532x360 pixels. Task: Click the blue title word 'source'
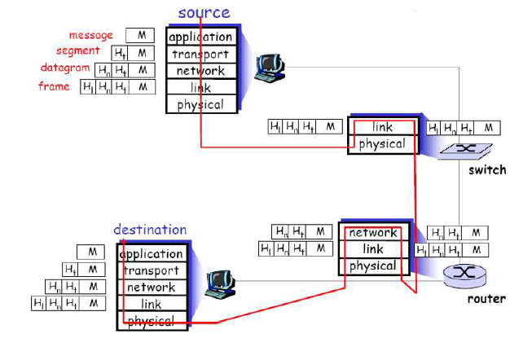click(204, 12)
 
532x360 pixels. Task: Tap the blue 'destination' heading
click(149, 230)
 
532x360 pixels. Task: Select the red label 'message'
click(91, 36)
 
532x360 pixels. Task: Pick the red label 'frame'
click(54, 86)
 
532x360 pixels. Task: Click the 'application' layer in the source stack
click(201, 37)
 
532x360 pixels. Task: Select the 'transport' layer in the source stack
click(201, 54)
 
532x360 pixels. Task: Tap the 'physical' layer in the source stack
click(201, 104)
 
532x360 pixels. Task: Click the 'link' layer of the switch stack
click(382, 127)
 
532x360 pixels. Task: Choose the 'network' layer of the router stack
click(373, 233)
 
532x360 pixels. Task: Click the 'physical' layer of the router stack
click(373, 266)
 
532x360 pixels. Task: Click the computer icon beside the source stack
click(268, 68)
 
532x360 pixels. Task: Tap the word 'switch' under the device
click(486, 170)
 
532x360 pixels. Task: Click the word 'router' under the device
click(486, 299)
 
